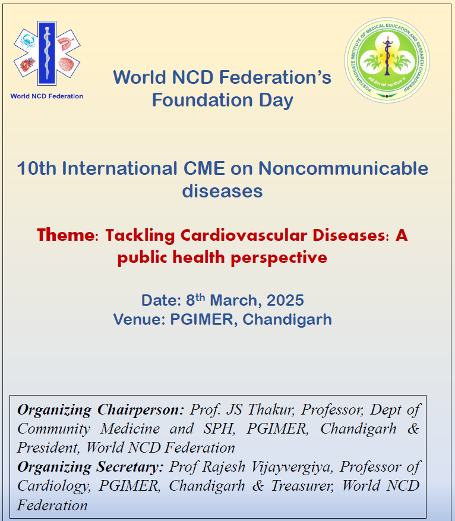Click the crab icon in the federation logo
click(28, 40)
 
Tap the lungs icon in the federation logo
click(66, 43)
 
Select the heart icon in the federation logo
click(27, 64)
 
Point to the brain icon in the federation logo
click(66, 64)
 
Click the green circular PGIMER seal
click(387, 60)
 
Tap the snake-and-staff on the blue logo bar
click(47, 53)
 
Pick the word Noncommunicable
click(343, 168)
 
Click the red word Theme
click(66, 235)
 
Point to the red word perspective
click(279, 258)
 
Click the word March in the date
click(233, 300)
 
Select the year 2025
click(285, 300)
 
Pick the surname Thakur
click(271, 410)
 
